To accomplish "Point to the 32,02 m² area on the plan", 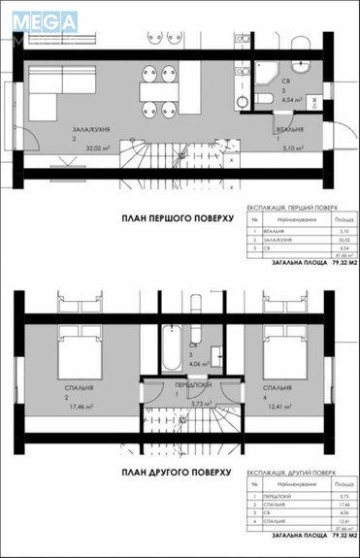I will pyautogui.click(x=97, y=148).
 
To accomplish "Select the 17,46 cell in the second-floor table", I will pyautogui.click(x=332, y=503).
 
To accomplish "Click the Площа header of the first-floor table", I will pyautogui.click(x=332, y=221).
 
